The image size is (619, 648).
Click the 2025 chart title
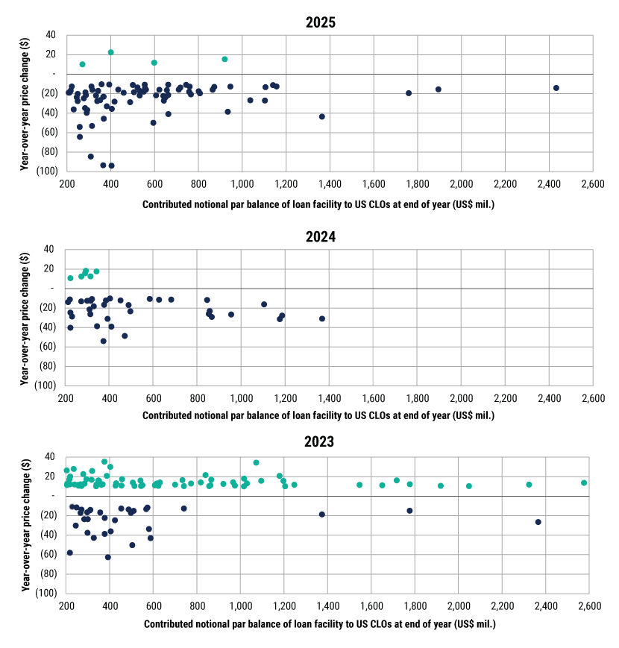(x=321, y=22)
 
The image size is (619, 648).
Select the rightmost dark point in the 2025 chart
(x=556, y=88)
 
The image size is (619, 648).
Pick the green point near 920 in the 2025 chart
(x=224, y=59)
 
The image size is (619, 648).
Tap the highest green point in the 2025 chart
(x=110, y=52)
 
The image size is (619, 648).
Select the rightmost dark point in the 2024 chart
(x=322, y=318)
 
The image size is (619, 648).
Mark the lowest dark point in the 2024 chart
(x=104, y=341)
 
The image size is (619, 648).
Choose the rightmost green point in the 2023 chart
(x=584, y=482)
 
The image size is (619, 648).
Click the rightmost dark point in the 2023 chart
(x=538, y=522)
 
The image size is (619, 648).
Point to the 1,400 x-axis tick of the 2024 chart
(x=329, y=397)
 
